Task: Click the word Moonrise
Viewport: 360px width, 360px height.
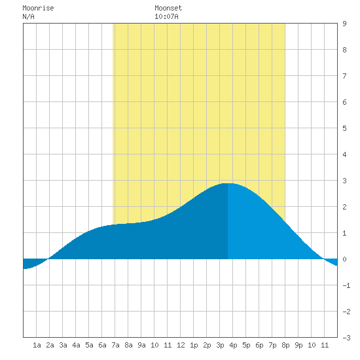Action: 38,8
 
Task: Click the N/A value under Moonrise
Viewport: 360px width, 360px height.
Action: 28,16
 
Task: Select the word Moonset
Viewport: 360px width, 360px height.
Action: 168,8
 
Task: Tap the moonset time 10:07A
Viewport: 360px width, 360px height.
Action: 166,16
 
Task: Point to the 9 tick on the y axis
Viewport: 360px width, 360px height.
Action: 344,24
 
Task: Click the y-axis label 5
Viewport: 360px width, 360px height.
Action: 344,128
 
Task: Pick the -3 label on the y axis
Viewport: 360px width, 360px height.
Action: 346,338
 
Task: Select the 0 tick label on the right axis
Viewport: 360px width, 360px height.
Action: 344,259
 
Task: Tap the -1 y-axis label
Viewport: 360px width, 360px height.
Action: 346,285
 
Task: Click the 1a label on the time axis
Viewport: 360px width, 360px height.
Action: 37,345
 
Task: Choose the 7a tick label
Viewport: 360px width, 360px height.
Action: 115,345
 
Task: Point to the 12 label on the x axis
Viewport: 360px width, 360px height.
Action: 181,345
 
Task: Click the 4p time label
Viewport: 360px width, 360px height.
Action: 233,345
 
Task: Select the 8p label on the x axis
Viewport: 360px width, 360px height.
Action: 285,345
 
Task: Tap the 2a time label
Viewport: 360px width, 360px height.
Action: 50,345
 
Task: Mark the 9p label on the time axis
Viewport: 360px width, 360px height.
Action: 298,345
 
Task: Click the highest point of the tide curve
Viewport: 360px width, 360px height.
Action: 228,183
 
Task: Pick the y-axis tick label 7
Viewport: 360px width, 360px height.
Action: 344,76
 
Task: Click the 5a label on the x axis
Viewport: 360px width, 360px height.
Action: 89,345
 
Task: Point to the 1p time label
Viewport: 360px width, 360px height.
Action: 194,345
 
